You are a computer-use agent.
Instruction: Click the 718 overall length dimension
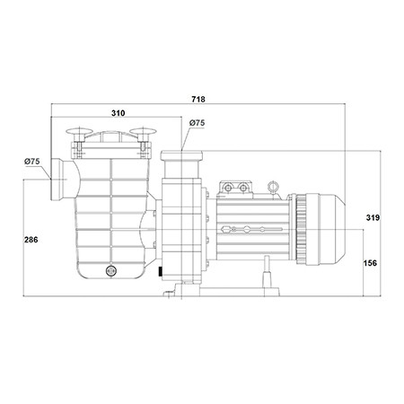pyautogui.click(x=198, y=99)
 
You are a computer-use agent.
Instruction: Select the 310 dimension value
pyautogui.click(x=119, y=113)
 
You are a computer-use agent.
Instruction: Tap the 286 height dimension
pyautogui.click(x=31, y=240)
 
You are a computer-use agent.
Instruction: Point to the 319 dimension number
pyautogui.click(x=373, y=217)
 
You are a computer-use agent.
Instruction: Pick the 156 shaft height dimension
pyautogui.click(x=370, y=263)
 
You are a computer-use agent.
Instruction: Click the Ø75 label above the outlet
pyautogui.click(x=198, y=123)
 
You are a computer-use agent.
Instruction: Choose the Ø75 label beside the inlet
pyautogui.click(x=32, y=162)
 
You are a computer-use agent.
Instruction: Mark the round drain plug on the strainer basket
pyautogui.click(x=111, y=271)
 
